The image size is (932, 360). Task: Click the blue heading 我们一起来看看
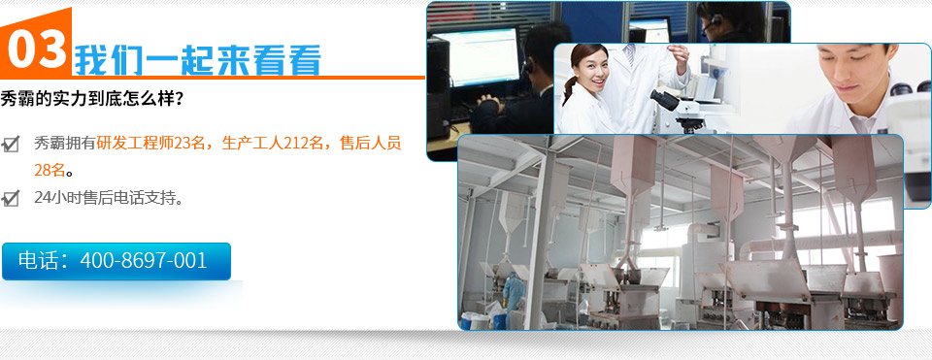pos(197,61)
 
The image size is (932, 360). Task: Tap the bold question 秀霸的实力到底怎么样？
pos(92,99)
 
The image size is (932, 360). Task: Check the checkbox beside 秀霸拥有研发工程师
pos(12,144)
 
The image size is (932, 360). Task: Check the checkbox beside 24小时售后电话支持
pos(12,199)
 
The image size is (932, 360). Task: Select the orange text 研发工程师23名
pos(154,143)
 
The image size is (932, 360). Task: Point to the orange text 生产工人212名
pos(275,143)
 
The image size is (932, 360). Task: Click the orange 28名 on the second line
pos(50,170)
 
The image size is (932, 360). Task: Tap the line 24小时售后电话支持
pos(108,198)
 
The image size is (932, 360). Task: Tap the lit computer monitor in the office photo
pos(476,56)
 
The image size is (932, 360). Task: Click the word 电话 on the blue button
pos(40,261)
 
